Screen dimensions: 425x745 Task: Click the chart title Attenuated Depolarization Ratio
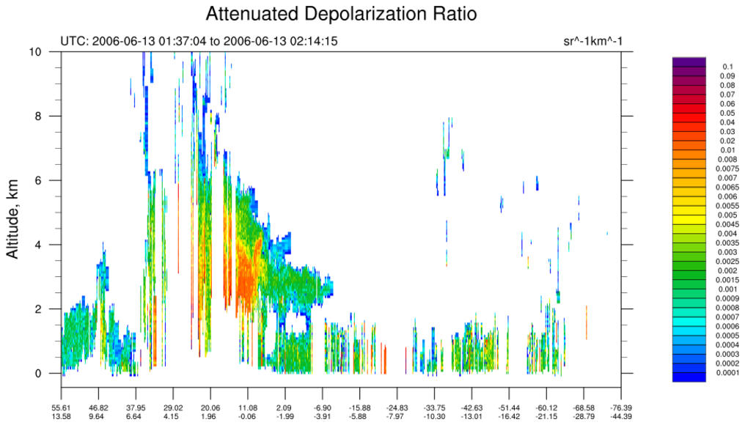(x=341, y=14)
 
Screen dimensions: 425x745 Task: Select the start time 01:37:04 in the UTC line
(x=182, y=41)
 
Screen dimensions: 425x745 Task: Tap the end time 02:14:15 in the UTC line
(x=313, y=41)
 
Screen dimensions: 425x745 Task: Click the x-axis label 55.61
(x=61, y=407)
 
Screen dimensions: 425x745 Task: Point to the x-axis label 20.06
(x=210, y=407)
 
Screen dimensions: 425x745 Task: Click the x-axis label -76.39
(x=620, y=407)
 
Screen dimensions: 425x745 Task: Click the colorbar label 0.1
(x=728, y=67)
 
